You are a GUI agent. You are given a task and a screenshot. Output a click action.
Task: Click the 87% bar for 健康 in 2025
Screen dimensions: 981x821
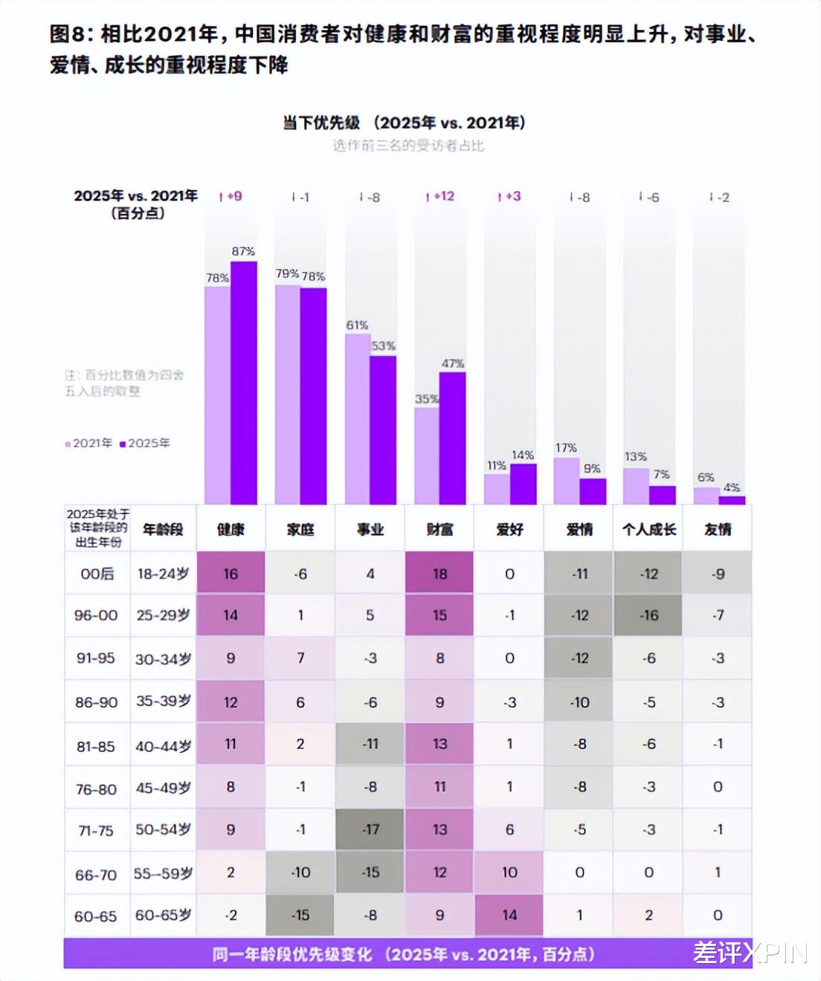(243, 383)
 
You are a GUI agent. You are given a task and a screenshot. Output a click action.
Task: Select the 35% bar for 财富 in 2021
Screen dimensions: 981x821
(427, 456)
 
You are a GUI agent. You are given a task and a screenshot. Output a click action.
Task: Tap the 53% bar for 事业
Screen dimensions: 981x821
(383, 430)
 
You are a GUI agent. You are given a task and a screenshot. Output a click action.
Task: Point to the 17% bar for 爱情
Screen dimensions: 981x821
(567, 481)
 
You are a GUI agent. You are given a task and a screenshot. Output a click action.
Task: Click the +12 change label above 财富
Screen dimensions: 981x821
(440, 196)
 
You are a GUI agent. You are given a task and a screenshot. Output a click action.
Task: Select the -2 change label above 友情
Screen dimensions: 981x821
(719, 197)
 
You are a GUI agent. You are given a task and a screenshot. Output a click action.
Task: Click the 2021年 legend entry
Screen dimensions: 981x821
(89, 443)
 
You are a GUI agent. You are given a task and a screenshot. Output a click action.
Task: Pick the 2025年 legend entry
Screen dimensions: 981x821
(146, 443)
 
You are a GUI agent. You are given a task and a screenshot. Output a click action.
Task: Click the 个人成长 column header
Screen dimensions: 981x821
(648, 529)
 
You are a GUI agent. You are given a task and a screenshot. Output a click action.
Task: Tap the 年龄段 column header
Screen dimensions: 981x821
(163, 529)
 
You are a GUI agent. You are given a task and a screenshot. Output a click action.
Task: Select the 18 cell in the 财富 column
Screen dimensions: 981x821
(440, 574)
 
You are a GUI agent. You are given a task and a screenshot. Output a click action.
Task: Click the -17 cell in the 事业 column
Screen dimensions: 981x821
(370, 829)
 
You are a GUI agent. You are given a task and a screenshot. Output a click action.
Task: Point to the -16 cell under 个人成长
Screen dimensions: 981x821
(648, 615)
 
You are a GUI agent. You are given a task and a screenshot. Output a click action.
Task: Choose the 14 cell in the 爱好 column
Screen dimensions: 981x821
(509, 915)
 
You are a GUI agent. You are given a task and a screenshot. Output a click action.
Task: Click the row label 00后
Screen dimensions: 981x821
(97, 574)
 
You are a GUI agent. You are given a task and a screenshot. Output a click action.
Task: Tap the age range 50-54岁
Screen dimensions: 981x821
(163, 829)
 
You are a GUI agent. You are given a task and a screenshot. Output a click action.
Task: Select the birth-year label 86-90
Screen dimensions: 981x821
(96, 702)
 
